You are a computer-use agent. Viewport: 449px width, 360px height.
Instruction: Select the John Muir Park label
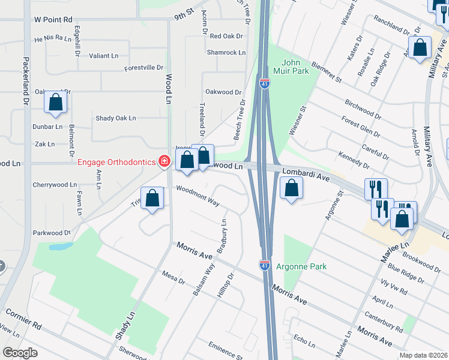(x=295, y=66)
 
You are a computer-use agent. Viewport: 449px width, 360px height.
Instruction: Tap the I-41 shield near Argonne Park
(x=265, y=264)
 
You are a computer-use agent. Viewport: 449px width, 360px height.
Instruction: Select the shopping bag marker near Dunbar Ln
(x=55, y=103)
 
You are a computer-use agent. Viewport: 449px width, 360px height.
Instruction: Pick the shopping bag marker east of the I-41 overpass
(x=291, y=188)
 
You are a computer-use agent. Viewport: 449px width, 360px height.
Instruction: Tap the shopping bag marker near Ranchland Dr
(x=420, y=48)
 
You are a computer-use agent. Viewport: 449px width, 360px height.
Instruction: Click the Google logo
(x=20, y=353)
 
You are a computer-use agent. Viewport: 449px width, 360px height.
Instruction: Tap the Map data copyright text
(x=423, y=355)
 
